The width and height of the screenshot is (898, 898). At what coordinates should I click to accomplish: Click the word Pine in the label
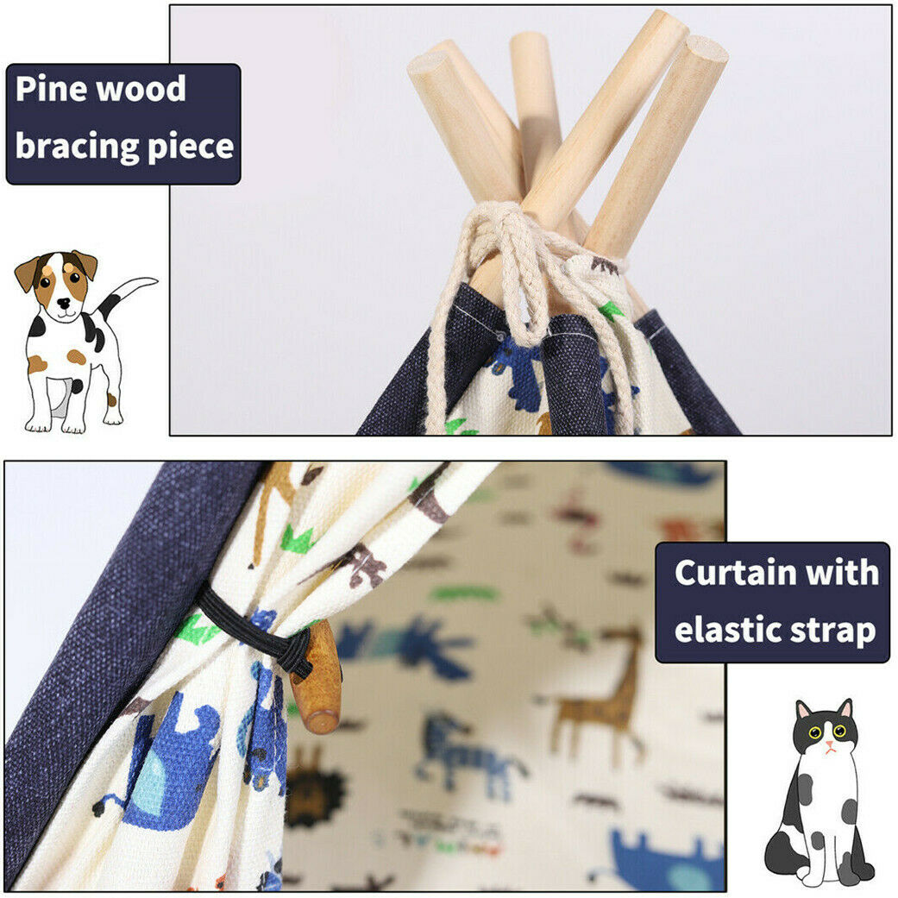51,90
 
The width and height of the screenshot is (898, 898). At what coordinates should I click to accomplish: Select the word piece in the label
191,147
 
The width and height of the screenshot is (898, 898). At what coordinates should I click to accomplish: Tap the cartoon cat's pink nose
828,744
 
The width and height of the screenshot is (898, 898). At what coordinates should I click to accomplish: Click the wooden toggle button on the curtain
317,680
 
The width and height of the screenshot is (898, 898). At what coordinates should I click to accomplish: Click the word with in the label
845,573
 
